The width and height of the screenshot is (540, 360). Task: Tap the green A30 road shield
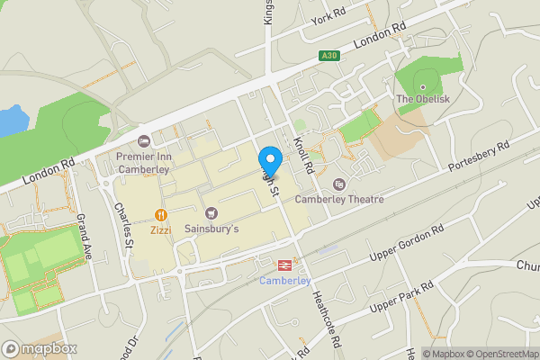(329, 56)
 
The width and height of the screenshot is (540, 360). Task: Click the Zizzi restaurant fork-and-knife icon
(161, 214)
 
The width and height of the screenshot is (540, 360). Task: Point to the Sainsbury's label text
(212, 229)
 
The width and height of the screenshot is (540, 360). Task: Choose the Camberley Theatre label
(340, 199)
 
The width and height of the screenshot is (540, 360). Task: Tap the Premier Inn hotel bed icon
(143, 141)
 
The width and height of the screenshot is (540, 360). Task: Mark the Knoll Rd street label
(303, 156)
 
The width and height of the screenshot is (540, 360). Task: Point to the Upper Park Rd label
(402, 298)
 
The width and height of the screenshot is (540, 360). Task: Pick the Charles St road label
(124, 225)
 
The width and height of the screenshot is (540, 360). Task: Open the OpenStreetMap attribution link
(498, 354)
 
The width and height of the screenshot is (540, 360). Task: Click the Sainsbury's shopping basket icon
(212, 213)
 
